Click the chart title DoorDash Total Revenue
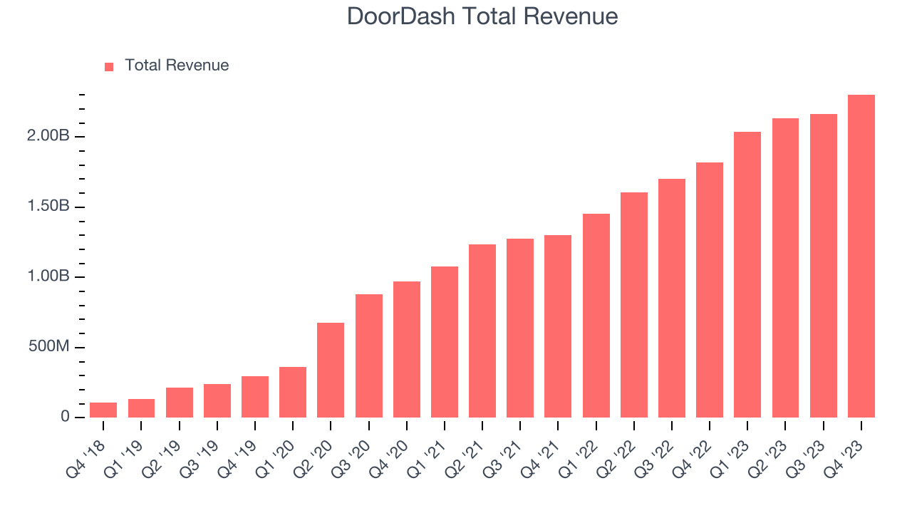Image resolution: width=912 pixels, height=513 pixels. click(x=482, y=16)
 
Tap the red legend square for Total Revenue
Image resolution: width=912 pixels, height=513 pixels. click(x=109, y=66)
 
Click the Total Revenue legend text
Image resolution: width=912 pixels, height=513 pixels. click(x=177, y=66)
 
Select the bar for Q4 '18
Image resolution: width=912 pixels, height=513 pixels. click(x=103, y=410)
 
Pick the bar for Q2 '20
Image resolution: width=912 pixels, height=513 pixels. click(x=331, y=370)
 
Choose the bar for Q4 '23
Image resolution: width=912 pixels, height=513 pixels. click(x=861, y=256)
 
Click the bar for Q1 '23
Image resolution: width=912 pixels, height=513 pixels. click(x=747, y=274)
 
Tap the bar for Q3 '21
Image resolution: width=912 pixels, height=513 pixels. click(x=520, y=328)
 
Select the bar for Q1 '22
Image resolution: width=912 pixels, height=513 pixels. click(x=596, y=316)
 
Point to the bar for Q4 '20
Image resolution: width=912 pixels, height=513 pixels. click(x=406, y=349)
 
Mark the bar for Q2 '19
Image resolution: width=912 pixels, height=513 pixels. click(x=179, y=402)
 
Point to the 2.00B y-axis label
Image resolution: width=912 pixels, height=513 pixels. click(x=48, y=136)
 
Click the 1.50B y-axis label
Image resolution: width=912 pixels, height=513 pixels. click(x=48, y=207)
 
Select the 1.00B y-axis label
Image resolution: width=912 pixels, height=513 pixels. click(x=48, y=276)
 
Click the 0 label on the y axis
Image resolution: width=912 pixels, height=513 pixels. click(x=66, y=417)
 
